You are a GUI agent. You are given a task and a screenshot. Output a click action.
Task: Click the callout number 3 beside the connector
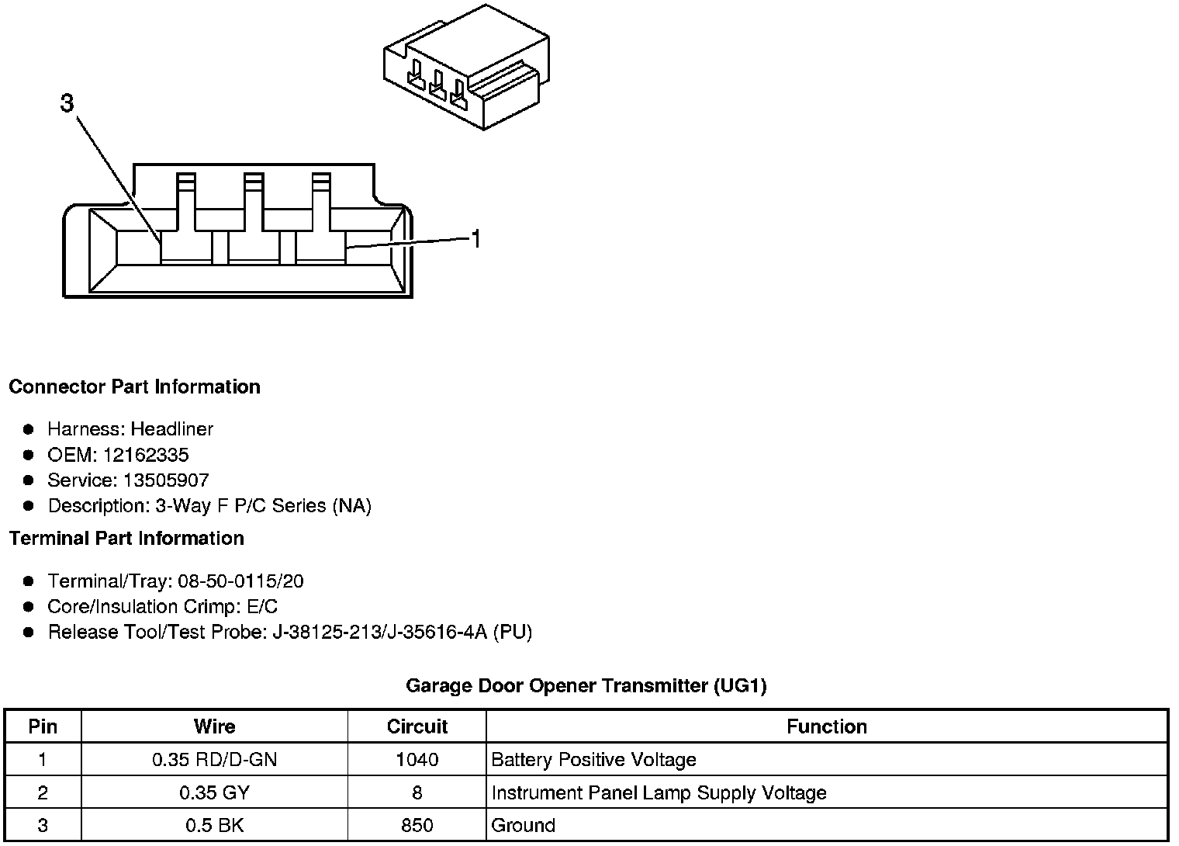67,103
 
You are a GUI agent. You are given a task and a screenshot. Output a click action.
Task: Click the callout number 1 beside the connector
476,239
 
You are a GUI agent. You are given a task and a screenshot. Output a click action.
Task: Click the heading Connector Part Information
134,387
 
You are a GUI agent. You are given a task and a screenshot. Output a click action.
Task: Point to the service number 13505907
166,480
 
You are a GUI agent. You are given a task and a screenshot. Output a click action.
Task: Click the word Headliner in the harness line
171,429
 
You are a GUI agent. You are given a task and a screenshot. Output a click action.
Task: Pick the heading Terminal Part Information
126,538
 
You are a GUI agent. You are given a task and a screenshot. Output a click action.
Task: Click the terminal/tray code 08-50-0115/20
240,581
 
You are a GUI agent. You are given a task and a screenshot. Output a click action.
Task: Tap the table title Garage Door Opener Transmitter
586,685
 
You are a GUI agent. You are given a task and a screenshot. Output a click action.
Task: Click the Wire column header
214,726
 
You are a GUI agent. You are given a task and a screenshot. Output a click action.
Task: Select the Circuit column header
417,726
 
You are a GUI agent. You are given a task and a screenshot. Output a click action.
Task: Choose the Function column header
827,726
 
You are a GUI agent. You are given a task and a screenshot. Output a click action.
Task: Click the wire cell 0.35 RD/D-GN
214,760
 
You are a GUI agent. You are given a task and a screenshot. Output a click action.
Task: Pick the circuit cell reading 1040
417,760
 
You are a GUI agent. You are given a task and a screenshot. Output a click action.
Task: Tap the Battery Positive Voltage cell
594,760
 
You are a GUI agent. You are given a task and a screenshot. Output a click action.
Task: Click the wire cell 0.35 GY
214,792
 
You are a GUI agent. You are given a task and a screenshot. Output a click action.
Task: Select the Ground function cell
524,825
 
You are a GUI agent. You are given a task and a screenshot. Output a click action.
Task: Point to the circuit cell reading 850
417,825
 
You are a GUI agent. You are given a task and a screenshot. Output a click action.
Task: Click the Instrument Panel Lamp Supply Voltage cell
659,792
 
